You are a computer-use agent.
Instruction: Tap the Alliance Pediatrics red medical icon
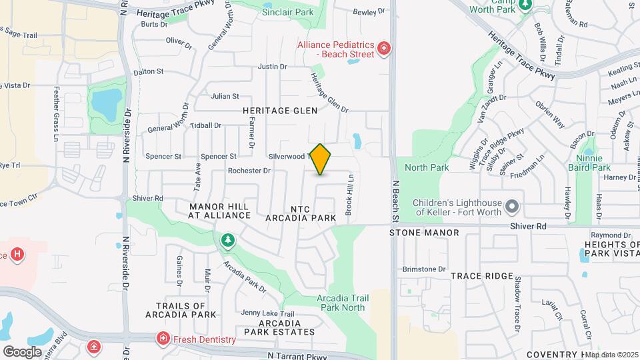(x=383, y=49)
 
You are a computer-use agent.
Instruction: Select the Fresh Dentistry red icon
(x=163, y=339)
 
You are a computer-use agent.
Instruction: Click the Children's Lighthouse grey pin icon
(x=512, y=207)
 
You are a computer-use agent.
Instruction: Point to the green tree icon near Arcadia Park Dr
(x=228, y=240)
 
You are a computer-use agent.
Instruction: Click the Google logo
(x=23, y=351)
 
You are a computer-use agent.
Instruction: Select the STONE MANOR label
(x=425, y=233)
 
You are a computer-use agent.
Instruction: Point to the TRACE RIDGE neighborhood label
(x=482, y=275)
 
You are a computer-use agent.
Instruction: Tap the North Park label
(x=427, y=167)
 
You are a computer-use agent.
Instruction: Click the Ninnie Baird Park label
(x=593, y=163)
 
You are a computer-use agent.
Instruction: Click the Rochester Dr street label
(x=249, y=171)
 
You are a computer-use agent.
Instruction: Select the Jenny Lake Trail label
(x=267, y=314)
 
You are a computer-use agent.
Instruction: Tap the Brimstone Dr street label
(x=423, y=269)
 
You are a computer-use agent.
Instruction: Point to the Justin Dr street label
(x=272, y=67)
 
